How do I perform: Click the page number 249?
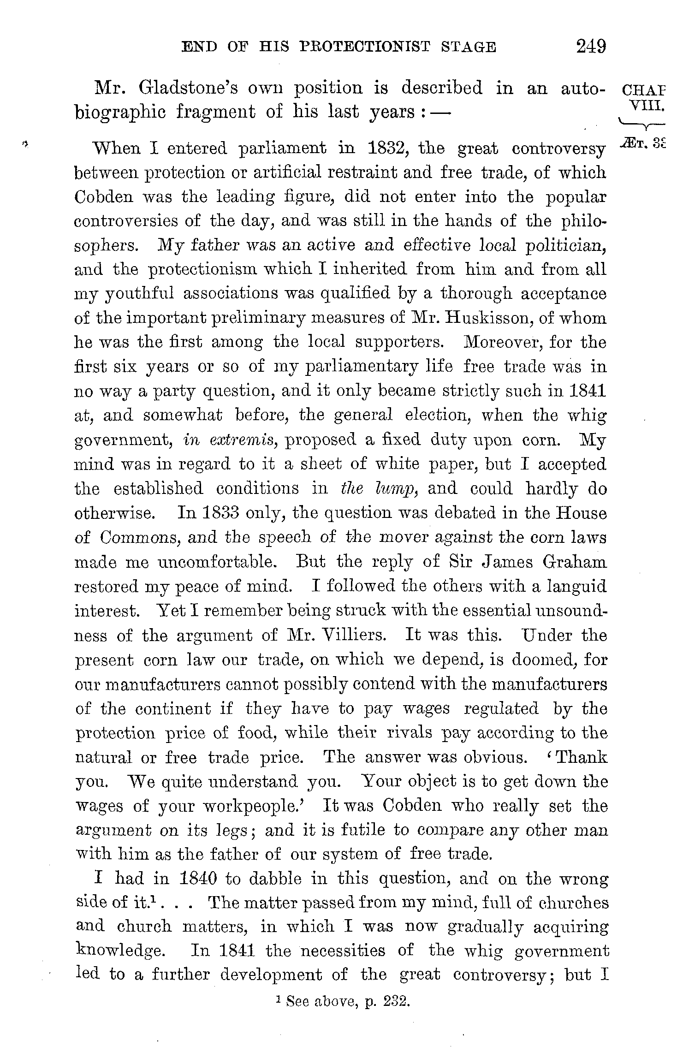(x=590, y=47)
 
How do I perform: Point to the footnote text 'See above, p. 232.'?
(x=347, y=1002)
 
